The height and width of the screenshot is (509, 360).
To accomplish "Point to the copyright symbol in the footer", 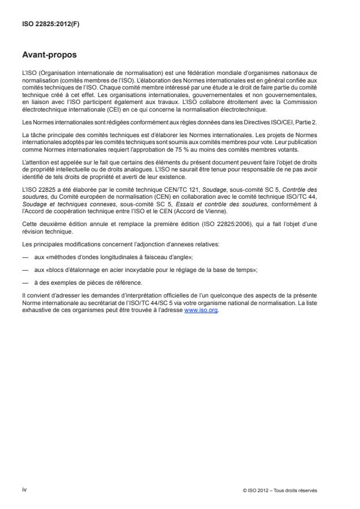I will coord(246,490).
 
